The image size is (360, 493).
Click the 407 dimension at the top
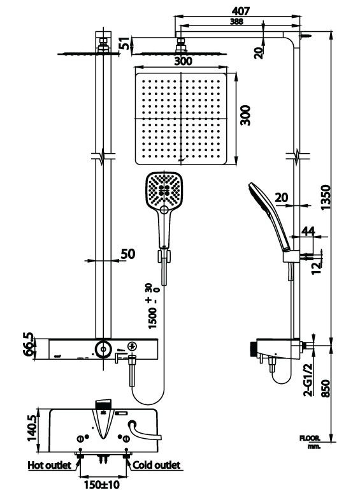coord(241,11)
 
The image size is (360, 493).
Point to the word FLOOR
coord(311,439)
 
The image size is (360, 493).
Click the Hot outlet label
coord(48,465)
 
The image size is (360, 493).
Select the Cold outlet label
coord(156,465)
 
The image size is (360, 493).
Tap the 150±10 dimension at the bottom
coord(104,485)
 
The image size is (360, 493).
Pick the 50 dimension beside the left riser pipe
coord(127,254)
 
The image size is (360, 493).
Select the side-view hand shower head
coord(263,203)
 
